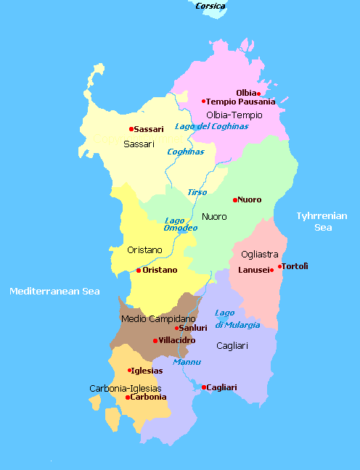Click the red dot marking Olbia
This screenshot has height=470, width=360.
pos(259,94)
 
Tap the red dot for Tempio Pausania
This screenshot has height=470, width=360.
pos(204,102)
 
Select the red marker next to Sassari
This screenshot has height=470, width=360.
pos(131,129)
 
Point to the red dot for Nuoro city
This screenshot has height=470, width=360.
pos(235,199)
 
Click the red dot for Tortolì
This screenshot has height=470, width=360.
pos(279,266)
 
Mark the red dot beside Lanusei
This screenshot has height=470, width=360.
pos(271,271)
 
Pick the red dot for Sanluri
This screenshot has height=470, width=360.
pos(176,328)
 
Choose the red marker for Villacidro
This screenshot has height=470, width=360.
pos(155,340)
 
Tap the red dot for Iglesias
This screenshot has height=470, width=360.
pos(129,371)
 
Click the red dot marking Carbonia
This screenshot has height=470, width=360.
pos(128,397)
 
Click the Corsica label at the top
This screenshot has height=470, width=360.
pos(210,6)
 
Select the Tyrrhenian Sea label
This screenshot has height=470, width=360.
pos(322,221)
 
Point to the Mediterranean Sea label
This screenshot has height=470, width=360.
pos(54,291)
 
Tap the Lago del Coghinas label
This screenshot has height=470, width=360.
pos(211,126)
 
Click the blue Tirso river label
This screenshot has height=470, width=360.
pos(197,192)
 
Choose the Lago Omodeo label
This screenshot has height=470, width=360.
pos(180,223)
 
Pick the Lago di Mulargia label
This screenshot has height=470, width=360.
pos(237,318)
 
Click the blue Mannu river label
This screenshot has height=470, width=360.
pos(187,361)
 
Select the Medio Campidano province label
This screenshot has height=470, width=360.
pos(158,318)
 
